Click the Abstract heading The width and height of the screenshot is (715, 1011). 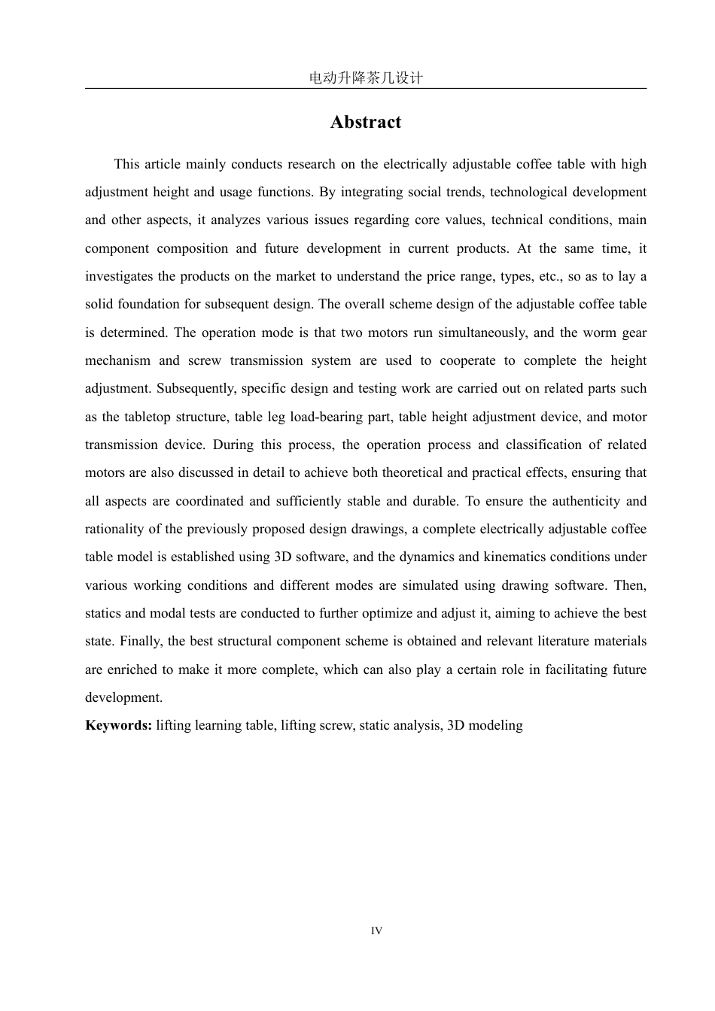[365, 123]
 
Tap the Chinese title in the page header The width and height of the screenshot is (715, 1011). [366, 77]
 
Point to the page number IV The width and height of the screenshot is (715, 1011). [376, 931]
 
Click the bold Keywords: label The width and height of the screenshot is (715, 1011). [119, 725]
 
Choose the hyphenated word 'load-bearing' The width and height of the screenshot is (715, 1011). [327, 417]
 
